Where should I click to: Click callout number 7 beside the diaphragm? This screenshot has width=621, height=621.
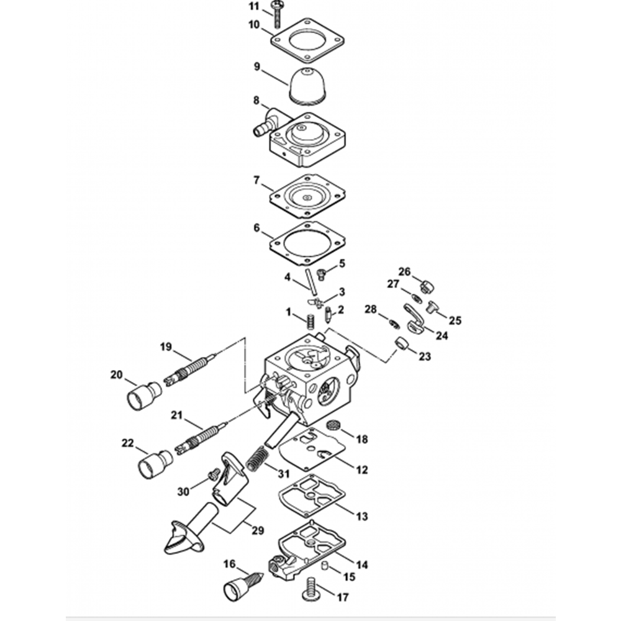point(256,181)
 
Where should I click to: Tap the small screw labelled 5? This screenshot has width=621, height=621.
point(321,274)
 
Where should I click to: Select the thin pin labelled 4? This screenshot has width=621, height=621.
point(312,282)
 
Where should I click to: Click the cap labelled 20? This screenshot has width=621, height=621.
point(144,394)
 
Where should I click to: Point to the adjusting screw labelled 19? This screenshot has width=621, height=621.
point(190,371)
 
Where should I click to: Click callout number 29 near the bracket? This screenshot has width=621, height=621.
point(258,530)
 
